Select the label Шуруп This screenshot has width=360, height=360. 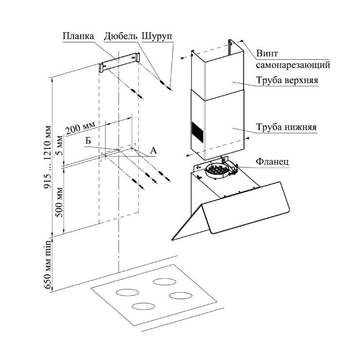(157, 36)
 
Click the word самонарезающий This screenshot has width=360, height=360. (293, 64)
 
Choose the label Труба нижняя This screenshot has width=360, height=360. (287, 127)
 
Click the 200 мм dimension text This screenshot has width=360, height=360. (80, 129)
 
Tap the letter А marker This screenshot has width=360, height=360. (153, 151)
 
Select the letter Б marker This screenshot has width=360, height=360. (88, 141)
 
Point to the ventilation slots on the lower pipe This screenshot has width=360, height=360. (197, 131)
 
